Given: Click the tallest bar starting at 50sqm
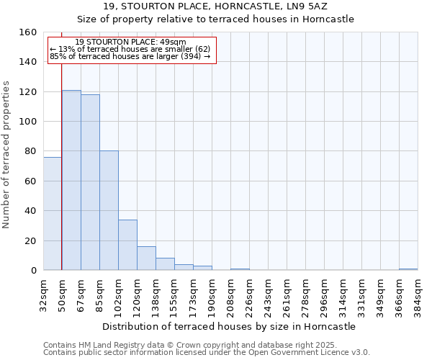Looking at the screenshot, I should pyautogui.click(x=71, y=180).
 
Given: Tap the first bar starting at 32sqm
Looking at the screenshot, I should pyautogui.click(x=53, y=213).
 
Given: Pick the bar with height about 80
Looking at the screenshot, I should pyautogui.click(x=109, y=210).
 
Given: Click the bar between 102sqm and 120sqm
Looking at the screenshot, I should pyautogui.click(x=127, y=245).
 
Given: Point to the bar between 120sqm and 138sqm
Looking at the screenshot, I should pyautogui.click(x=146, y=258).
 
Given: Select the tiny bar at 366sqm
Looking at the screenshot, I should pyautogui.click(x=408, y=269).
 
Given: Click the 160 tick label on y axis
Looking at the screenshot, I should pyautogui.click(x=27, y=32).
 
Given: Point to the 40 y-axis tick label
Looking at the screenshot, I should pyautogui.click(x=30, y=211).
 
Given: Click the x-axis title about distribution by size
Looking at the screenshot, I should pyautogui.click(x=229, y=326).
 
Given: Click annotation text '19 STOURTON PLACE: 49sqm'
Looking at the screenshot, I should pyautogui.click(x=130, y=42).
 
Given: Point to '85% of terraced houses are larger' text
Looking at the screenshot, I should pyautogui.click(x=130, y=56).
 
